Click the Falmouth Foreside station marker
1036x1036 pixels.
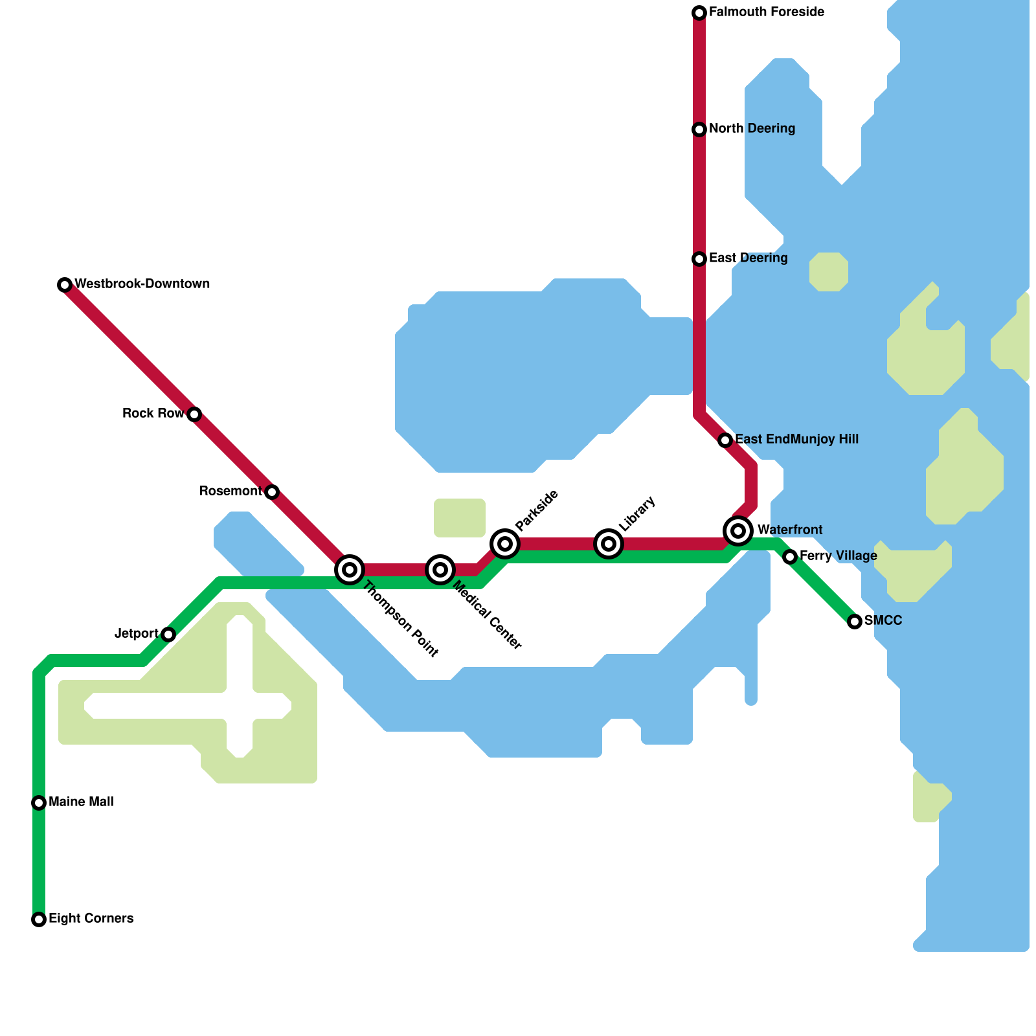click(x=699, y=13)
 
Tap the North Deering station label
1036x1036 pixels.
click(x=752, y=129)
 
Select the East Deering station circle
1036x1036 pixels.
click(x=699, y=259)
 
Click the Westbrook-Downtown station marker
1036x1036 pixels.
click(x=65, y=285)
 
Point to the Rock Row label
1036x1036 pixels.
click(x=153, y=414)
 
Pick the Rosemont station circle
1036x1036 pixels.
click(x=272, y=492)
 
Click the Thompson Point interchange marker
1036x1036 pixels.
click(x=350, y=570)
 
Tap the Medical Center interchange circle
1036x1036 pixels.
click(x=440, y=570)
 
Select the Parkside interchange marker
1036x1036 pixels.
click(x=505, y=543)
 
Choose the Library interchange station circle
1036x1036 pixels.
click(x=609, y=543)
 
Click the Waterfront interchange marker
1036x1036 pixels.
click(x=738, y=531)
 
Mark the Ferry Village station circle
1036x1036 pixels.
click(x=790, y=557)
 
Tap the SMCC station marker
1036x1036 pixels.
click(x=855, y=622)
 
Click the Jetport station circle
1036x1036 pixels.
click(x=168, y=635)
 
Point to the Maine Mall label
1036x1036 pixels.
click(x=81, y=802)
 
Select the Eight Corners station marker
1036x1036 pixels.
click(x=39, y=919)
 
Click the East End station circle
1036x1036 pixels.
click(x=725, y=440)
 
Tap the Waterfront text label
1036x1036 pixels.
click(x=790, y=530)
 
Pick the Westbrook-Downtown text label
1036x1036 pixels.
click(x=142, y=284)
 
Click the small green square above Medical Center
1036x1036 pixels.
click(x=460, y=518)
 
